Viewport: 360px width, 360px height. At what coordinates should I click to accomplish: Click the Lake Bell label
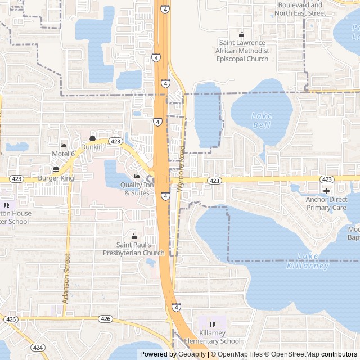coord(262,120)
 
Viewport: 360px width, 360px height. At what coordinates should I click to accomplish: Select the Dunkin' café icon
coord(92,138)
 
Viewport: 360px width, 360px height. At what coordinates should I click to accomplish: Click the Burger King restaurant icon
coord(56,169)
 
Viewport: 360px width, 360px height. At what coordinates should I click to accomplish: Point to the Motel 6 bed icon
coord(63,145)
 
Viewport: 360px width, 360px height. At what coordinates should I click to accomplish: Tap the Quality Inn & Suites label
coord(137,189)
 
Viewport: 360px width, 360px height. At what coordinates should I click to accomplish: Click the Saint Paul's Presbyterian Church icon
coord(133,236)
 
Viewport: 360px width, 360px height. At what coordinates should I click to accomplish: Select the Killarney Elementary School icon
coord(212,325)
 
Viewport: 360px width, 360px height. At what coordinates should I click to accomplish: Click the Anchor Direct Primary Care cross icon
coord(326,191)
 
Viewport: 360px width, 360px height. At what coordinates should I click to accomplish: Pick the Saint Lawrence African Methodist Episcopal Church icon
coord(242,34)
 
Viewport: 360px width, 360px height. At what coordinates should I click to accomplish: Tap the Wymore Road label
coord(181,169)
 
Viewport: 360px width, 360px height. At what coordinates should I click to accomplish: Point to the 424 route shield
coord(38,348)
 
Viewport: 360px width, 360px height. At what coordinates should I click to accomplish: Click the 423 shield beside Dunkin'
coord(116,141)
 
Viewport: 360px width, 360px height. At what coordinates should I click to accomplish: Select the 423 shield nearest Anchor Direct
coord(327,179)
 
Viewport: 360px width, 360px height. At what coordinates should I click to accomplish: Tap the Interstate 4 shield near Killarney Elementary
coord(177,307)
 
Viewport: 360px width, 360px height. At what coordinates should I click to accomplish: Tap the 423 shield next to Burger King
coord(17,179)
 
